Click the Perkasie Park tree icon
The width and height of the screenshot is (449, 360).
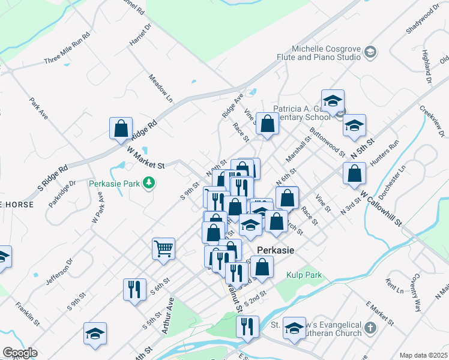point(148,184)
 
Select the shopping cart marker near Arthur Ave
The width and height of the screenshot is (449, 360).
point(163,248)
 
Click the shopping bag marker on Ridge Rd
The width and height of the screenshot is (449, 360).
point(121,128)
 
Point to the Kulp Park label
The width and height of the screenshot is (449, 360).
point(304,275)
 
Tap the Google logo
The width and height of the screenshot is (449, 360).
point(20,352)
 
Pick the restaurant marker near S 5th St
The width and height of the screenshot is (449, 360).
point(134,289)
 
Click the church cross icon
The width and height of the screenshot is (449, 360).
point(371,328)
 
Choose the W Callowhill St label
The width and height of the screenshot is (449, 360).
point(381,209)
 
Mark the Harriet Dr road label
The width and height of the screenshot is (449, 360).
point(139,37)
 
